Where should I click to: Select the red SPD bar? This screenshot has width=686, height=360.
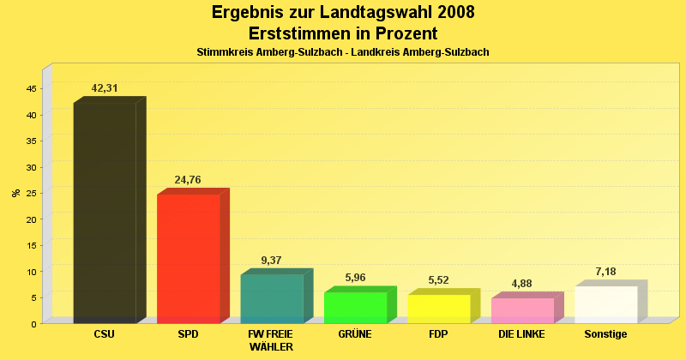click(x=188, y=259)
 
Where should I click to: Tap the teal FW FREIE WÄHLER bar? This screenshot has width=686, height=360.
click(x=272, y=298)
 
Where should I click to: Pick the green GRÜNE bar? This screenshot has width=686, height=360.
click(x=355, y=308)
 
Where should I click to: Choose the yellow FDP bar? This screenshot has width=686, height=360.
click(x=439, y=309)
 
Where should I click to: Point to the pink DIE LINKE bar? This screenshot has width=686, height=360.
click(x=522, y=310)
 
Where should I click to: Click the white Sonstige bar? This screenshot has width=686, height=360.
click(x=605, y=304)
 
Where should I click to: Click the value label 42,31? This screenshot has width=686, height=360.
click(x=105, y=87)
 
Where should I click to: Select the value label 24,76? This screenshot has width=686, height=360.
click(x=188, y=180)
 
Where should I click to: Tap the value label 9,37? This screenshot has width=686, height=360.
click(x=271, y=260)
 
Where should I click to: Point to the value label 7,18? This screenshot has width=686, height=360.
click(x=605, y=272)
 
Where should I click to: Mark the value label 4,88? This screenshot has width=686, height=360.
click(x=522, y=284)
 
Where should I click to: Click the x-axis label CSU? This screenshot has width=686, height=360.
click(x=105, y=334)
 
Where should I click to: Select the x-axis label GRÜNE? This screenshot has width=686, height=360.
click(x=355, y=334)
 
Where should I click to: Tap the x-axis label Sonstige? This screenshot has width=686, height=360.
click(x=605, y=334)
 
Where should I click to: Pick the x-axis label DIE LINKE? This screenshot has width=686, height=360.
click(x=521, y=334)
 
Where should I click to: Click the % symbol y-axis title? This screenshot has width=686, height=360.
click(x=15, y=193)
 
